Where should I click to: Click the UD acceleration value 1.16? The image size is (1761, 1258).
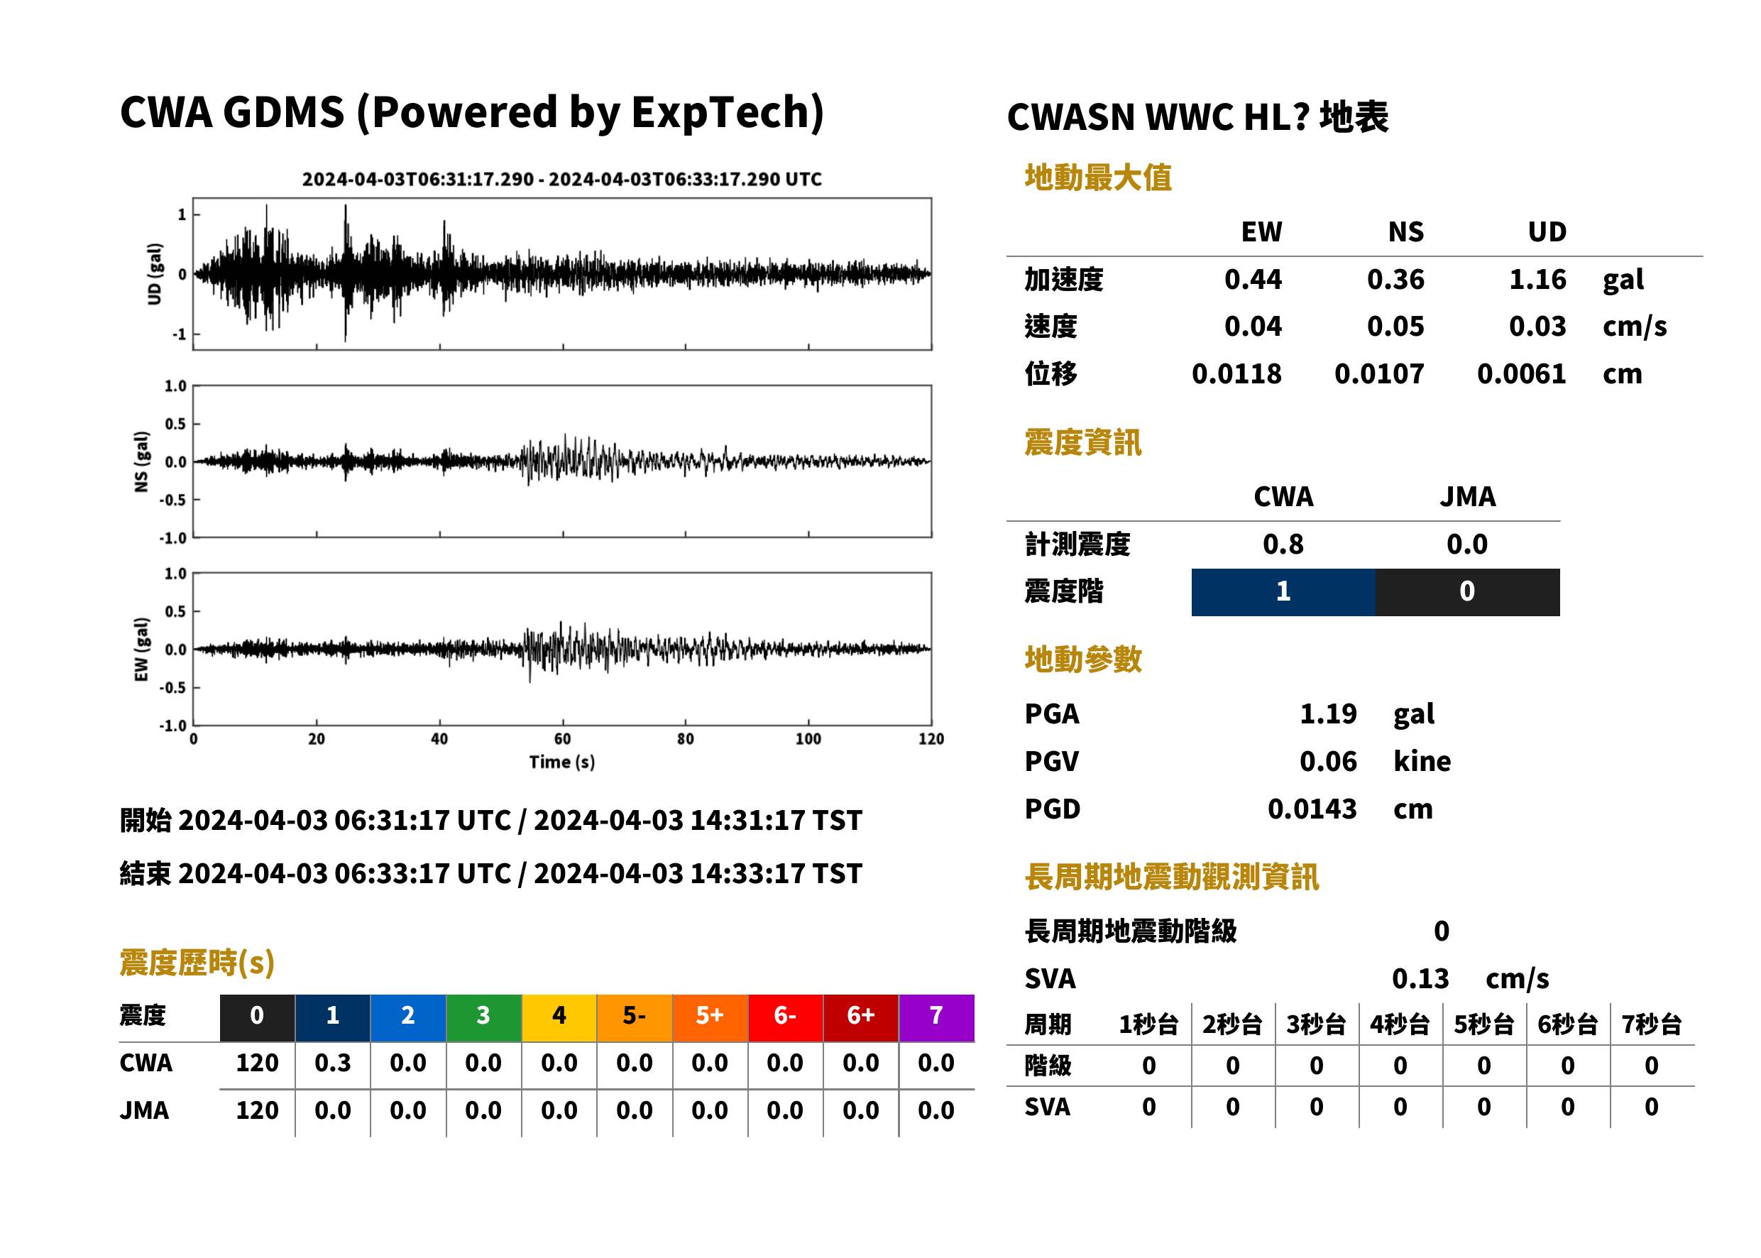coord(1537,280)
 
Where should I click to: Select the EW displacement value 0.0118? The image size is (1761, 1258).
coord(1236,374)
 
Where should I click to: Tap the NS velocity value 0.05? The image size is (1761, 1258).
coord(1395,327)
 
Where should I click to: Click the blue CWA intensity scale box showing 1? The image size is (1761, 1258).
coord(1283,592)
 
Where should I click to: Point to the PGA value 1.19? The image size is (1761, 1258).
coord(1328,713)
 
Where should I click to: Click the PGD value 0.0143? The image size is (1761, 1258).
coord(1312,809)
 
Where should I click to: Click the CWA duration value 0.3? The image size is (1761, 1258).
coord(333,1063)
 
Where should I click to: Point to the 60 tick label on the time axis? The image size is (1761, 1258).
coord(563,739)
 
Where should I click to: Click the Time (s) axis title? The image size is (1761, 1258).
coord(562,762)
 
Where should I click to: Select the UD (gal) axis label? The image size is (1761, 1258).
coord(155,273)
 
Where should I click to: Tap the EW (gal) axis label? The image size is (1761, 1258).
coord(141,649)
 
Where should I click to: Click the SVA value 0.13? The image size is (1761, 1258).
coord(1420,979)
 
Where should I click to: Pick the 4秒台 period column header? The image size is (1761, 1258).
coord(1399,1025)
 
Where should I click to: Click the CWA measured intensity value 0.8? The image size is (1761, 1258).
coord(1283,545)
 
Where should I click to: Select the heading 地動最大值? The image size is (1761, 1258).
coord(1098,177)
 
